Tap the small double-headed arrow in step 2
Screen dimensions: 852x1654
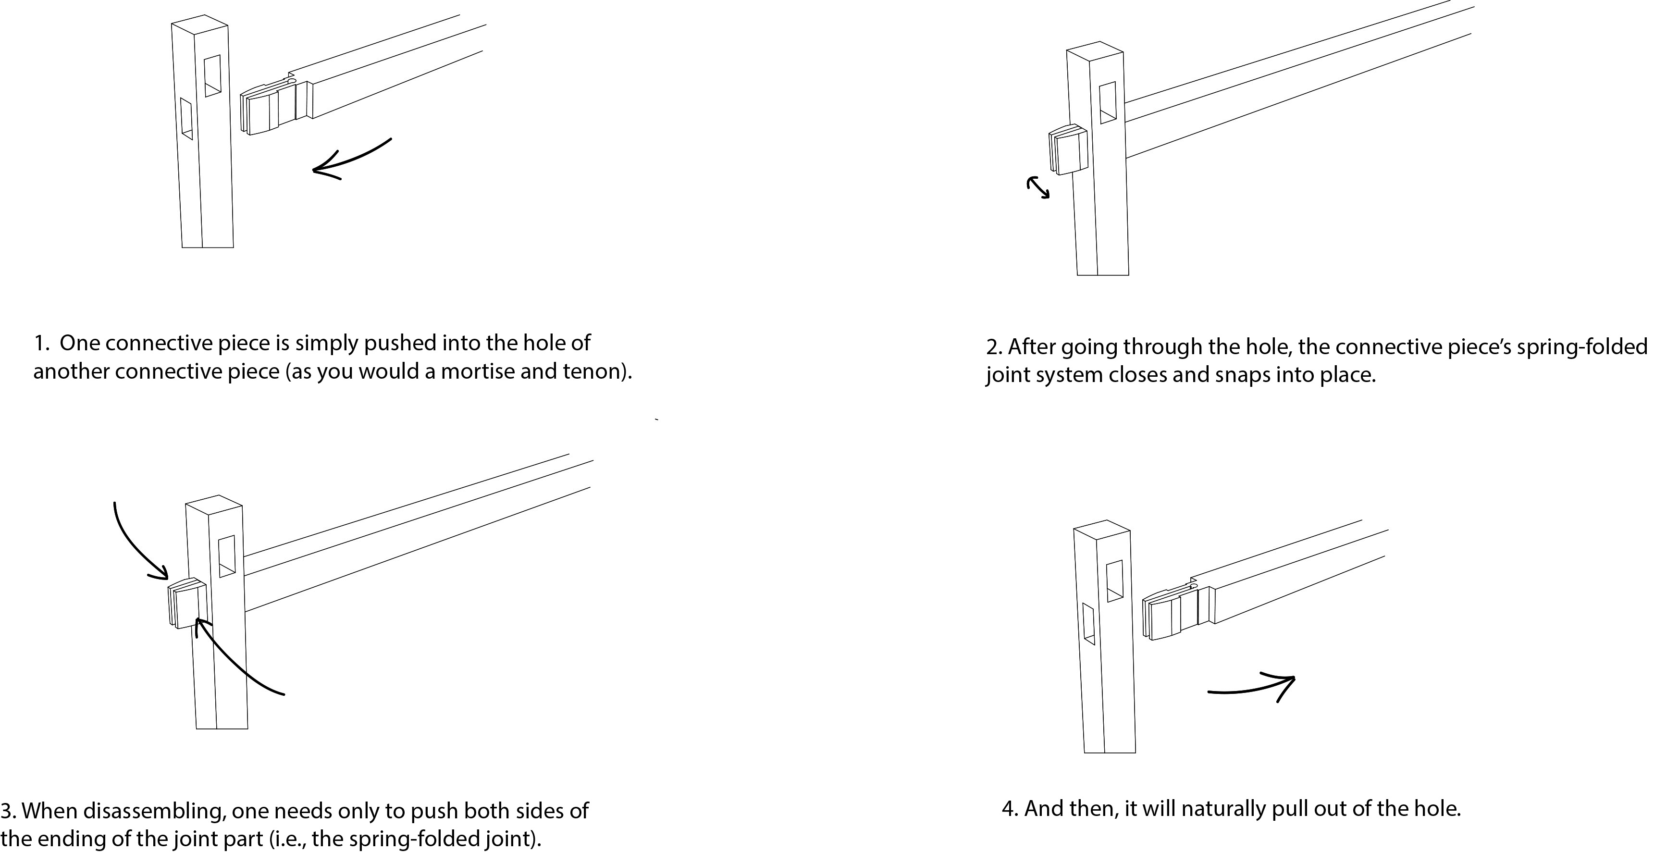coord(1037,188)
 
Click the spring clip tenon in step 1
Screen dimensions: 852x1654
coord(267,109)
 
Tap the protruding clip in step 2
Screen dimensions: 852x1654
coord(1067,149)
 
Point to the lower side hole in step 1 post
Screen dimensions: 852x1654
coord(186,118)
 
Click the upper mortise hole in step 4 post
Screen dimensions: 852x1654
coord(1115,581)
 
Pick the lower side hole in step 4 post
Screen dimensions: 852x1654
coord(1088,623)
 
